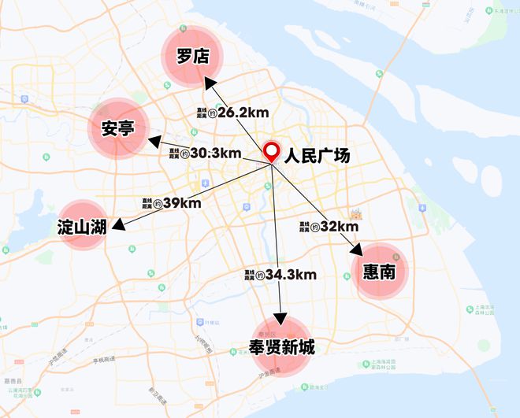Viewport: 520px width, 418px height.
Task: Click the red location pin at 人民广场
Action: [273, 151]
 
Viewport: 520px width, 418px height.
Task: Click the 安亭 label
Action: [117, 128]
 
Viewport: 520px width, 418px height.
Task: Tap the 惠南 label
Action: [381, 271]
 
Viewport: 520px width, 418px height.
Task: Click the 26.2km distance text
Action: [241, 113]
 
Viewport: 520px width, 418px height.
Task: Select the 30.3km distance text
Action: [214, 153]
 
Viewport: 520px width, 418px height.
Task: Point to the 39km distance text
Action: [181, 202]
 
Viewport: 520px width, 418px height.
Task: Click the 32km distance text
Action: [340, 227]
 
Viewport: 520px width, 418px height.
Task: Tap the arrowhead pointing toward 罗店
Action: [207, 83]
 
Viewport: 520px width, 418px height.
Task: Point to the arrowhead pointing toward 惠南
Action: [356, 251]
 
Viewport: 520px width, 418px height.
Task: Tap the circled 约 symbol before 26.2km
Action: [212, 113]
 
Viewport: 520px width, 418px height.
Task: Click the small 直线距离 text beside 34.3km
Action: [250, 276]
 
